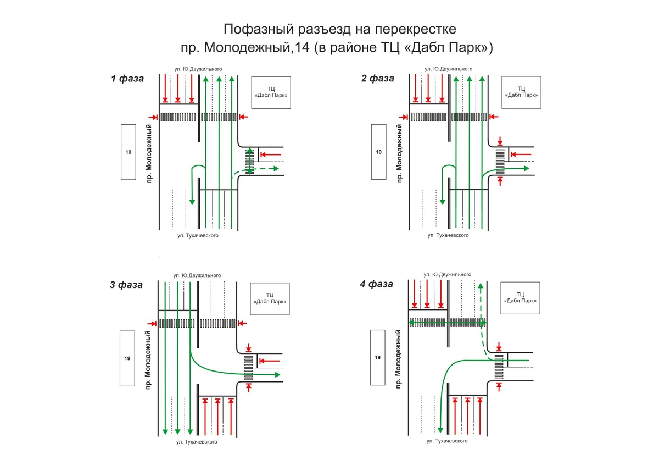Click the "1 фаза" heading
coord(127,78)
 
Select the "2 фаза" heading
coord(378,78)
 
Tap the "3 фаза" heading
coord(126,285)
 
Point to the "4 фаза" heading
coord(377,284)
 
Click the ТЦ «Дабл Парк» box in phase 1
coord(270,91)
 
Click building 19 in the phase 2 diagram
coord(378,152)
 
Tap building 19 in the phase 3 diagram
coord(127,358)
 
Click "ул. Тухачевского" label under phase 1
coord(198,236)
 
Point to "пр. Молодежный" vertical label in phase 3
coord(148,360)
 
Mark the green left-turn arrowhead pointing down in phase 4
coord(440,428)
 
